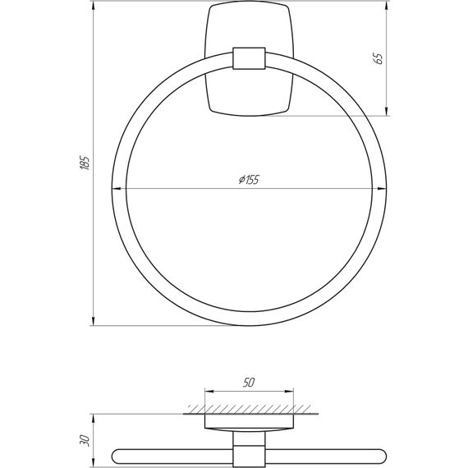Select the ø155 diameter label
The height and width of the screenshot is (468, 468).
click(x=247, y=181)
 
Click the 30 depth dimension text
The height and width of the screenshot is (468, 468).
click(x=85, y=440)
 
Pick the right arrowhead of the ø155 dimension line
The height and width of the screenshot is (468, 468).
click(x=380, y=190)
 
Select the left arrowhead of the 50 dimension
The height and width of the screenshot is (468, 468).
click(x=208, y=392)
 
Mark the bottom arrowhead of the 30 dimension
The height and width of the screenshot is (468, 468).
click(x=93, y=461)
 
